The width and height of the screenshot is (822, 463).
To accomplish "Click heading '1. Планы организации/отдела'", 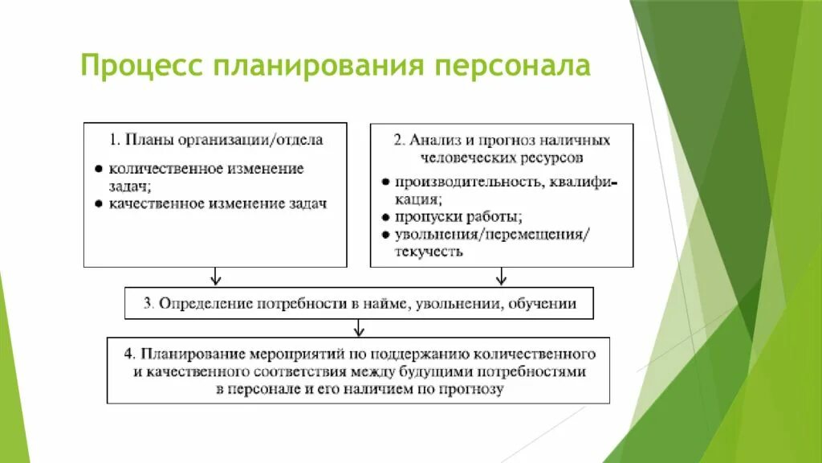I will tap(216, 140).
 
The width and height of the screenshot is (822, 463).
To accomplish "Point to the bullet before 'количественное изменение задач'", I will tap(98, 169).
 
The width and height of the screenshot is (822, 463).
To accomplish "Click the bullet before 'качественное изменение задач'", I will tap(98, 204).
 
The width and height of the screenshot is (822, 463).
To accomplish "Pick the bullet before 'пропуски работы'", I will tap(385, 217).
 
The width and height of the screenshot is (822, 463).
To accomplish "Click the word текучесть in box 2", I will tap(428, 252).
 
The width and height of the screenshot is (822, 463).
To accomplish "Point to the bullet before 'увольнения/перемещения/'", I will tap(385, 235).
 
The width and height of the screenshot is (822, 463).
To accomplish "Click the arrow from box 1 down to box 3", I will tap(215, 277).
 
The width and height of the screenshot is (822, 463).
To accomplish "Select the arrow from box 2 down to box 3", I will tap(501, 277).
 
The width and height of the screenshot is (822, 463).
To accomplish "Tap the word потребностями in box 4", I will tap(535, 371).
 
